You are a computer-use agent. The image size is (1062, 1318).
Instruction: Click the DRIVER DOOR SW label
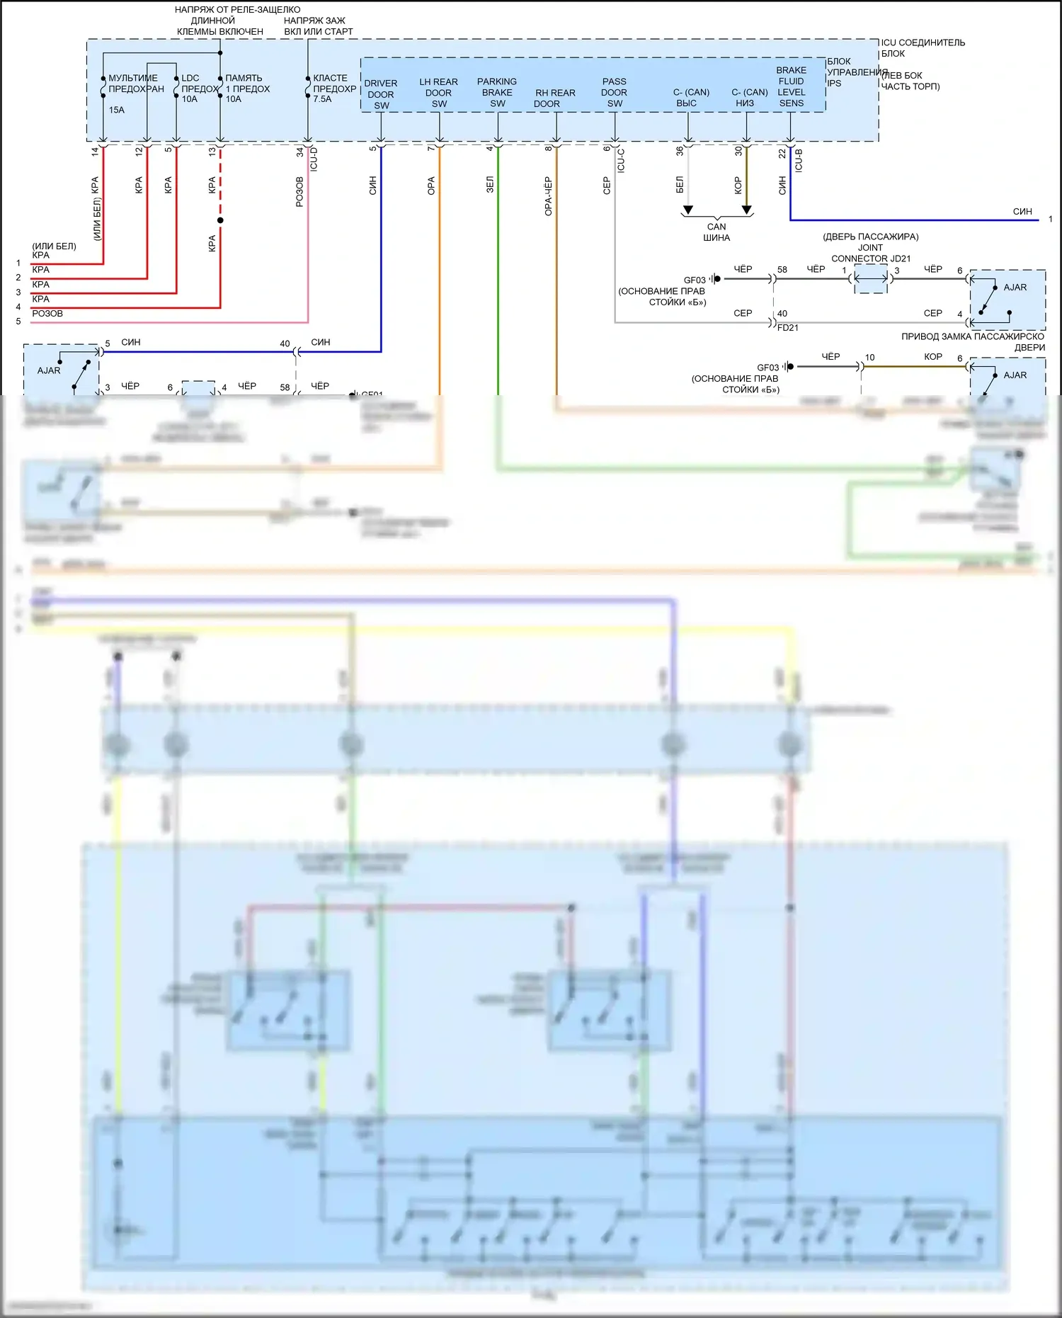tap(381, 94)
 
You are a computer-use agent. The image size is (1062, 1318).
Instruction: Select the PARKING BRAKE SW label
tap(497, 92)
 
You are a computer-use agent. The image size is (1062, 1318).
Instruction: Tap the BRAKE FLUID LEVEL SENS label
tap(791, 86)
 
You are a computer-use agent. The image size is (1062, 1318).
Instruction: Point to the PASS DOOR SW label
tap(614, 92)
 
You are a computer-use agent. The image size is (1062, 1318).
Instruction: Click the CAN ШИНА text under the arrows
tap(716, 232)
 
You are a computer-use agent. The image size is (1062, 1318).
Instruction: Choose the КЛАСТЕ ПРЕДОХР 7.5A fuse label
tap(333, 89)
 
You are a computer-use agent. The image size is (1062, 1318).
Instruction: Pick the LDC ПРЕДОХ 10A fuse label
tap(199, 89)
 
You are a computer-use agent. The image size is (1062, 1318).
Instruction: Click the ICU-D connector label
tap(314, 159)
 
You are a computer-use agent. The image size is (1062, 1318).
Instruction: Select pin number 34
tap(300, 151)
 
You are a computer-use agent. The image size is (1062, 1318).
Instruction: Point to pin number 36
tap(680, 151)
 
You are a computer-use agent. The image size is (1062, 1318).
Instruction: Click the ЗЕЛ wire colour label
tap(490, 186)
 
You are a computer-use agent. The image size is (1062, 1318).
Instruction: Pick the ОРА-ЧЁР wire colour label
tap(548, 196)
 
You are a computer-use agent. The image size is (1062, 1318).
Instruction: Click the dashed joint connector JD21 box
tap(870, 279)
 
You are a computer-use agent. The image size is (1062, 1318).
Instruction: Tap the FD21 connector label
tap(787, 328)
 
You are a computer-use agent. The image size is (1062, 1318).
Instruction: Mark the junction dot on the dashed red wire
tap(220, 220)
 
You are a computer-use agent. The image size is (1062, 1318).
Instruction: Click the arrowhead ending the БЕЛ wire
tap(687, 210)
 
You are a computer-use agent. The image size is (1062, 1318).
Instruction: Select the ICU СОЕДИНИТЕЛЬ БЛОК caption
tap(923, 47)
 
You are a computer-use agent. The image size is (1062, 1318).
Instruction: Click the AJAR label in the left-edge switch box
tap(49, 370)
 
